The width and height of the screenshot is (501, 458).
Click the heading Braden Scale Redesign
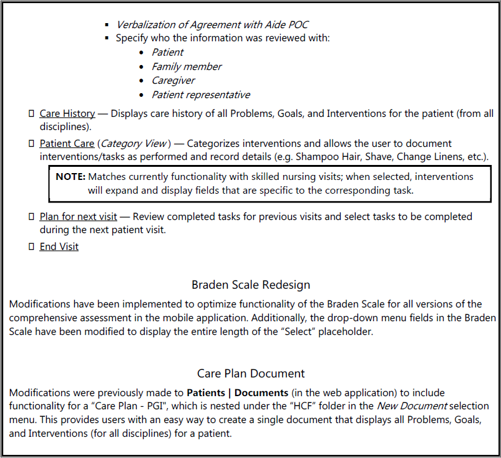(251, 285)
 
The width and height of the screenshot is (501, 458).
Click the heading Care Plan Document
(251, 374)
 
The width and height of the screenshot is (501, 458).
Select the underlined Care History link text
(67, 114)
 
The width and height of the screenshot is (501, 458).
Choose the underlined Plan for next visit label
(78, 217)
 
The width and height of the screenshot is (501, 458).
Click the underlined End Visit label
(59, 246)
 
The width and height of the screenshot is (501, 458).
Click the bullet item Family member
(187, 66)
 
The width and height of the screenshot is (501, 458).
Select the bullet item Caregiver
(173, 81)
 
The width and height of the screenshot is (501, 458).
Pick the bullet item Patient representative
(201, 95)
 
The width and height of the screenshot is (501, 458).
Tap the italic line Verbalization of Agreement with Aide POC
(212, 24)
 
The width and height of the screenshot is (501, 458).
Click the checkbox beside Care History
(31, 114)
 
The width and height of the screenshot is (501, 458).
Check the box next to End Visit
(31, 246)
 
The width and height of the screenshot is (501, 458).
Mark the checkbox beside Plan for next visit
(31, 217)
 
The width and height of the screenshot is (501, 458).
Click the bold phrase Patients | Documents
(237, 393)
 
